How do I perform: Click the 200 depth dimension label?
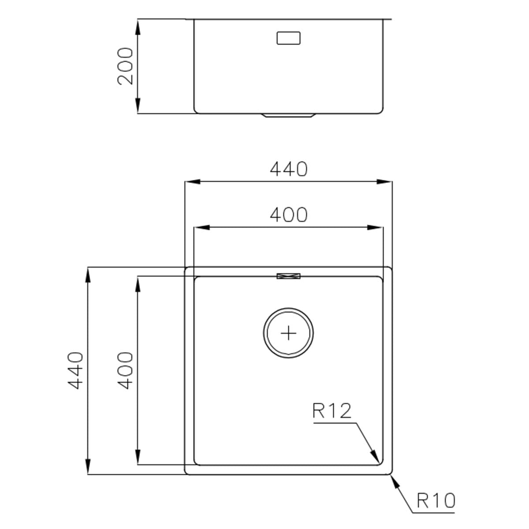tap(125, 66)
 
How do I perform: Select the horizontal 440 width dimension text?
tap(288, 169)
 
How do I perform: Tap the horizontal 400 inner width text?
tap(288, 215)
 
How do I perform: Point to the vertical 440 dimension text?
tap(76, 370)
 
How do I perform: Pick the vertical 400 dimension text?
tap(125, 370)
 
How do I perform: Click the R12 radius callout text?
tap(332, 411)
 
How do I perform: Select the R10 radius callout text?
tap(436, 501)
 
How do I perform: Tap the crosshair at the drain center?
tap(288, 333)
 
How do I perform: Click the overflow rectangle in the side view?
tap(288, 38)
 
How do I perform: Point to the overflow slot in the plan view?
tap(288, 276)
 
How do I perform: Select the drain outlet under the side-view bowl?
tap(288, 115)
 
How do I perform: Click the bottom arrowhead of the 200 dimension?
tap(138, 105)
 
